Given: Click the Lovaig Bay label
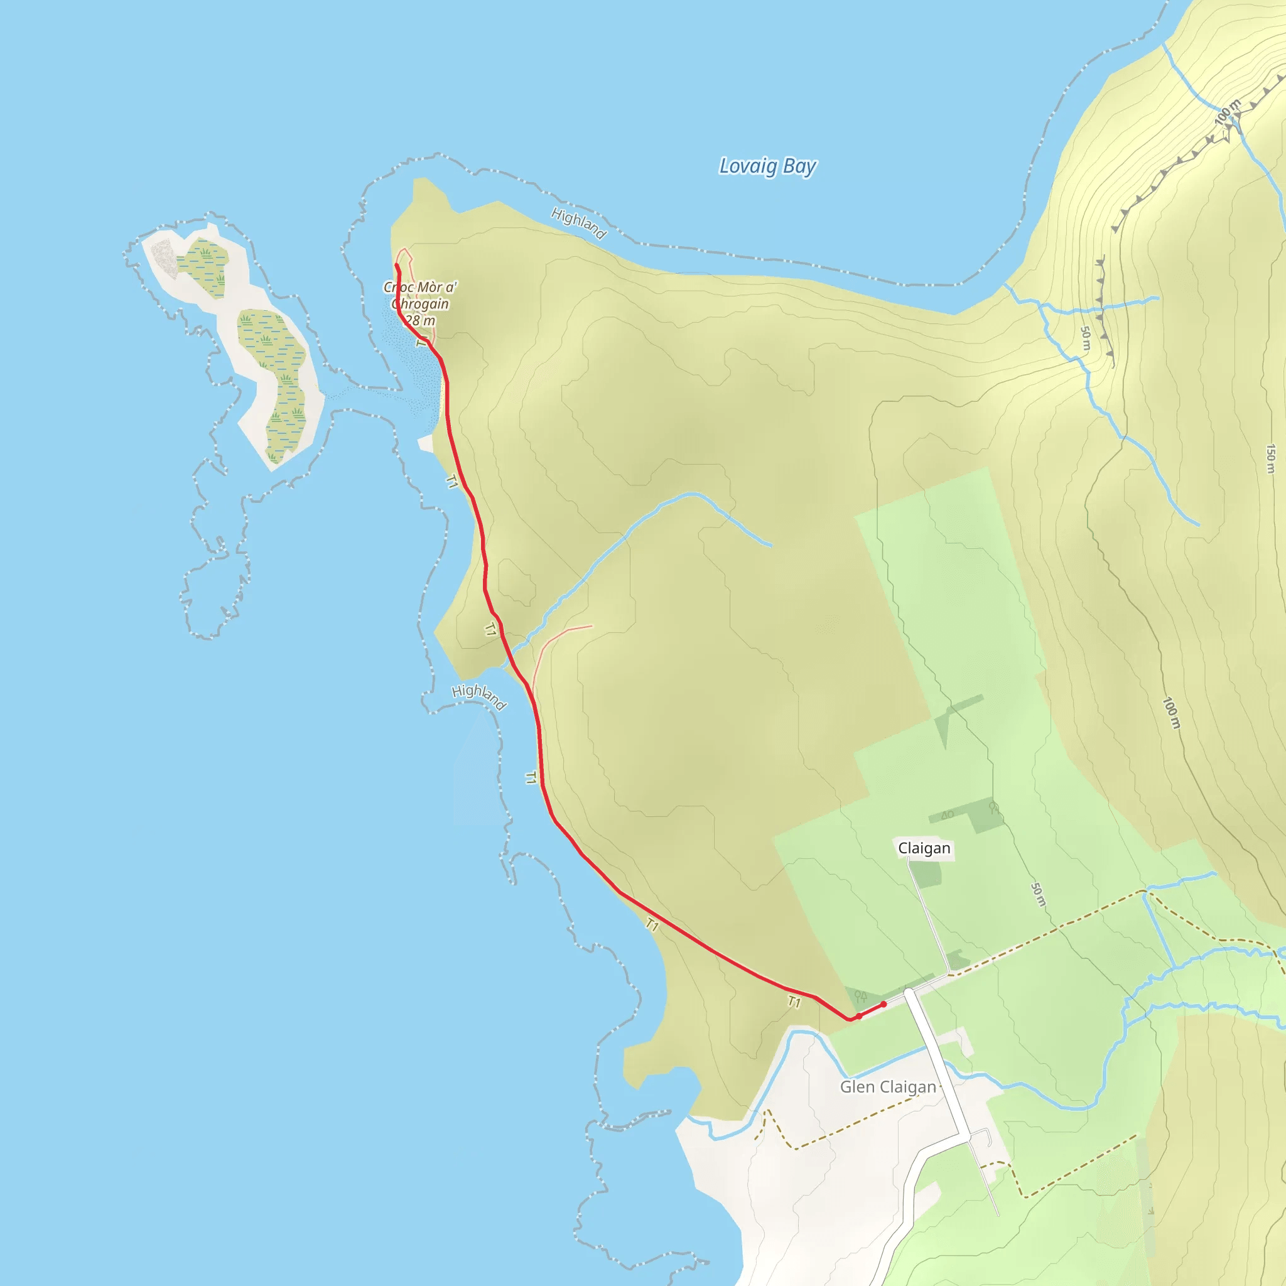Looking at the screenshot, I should point(767,166).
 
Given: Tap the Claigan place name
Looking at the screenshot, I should point(924,848).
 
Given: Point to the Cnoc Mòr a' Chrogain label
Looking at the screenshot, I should point(419,303).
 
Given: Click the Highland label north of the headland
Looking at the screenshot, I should point(578,223).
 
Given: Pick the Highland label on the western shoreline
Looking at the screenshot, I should point(479,696).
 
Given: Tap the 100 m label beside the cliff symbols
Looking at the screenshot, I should point(1227,112).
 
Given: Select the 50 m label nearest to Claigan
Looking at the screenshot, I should point(1038,894).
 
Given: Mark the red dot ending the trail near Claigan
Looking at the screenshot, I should point(883,1004).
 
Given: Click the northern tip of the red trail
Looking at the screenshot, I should point(397,265).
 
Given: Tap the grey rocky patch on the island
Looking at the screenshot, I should point(163,257).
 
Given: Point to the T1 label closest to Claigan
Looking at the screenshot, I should point(794,1002).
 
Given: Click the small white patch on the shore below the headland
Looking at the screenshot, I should point(424,443).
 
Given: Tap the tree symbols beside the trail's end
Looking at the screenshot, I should point(861,996).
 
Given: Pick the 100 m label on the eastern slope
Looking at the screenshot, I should point(1171,713).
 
